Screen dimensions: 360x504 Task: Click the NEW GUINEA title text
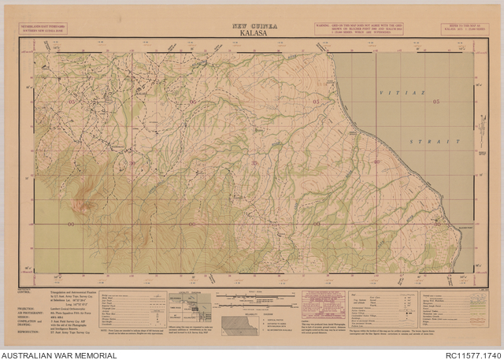click(x=254, y=27)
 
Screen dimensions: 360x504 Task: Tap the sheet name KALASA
click(x=254, y=35)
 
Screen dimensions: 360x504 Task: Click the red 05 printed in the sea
click(x=434, y=102)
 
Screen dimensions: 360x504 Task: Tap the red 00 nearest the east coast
click(x=437, y=224)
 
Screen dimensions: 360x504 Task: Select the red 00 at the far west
click(x=72, y=224)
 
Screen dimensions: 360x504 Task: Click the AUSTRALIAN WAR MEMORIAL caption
click(x=59, y=355)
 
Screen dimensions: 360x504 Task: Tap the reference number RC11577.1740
click(x=469, y=355)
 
